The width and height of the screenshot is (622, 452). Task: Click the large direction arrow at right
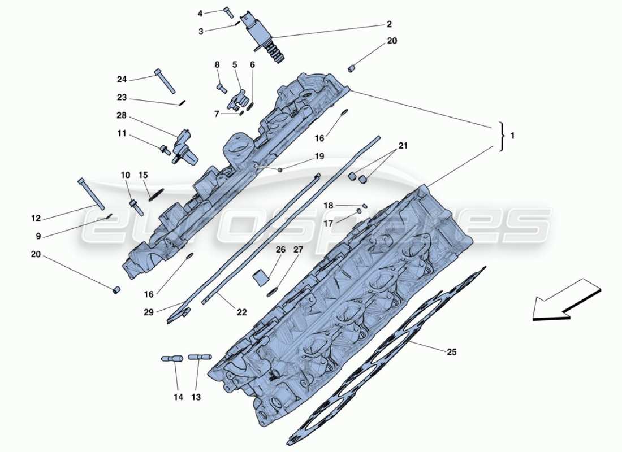(x=565, y=299)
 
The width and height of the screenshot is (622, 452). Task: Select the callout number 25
(x=451, y=352)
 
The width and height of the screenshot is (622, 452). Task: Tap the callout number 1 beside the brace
(x=512, y=136)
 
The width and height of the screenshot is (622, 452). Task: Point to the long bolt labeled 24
(x=164, y=81)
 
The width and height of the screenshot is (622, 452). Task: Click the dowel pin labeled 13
(x=200, y=357)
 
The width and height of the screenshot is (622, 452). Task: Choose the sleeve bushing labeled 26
(x=261, y=277)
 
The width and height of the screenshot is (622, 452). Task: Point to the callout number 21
(x=402, y=146)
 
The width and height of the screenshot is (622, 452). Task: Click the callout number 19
(x=319, y=156)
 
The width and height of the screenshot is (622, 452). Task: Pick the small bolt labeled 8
(x=221, y=88)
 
